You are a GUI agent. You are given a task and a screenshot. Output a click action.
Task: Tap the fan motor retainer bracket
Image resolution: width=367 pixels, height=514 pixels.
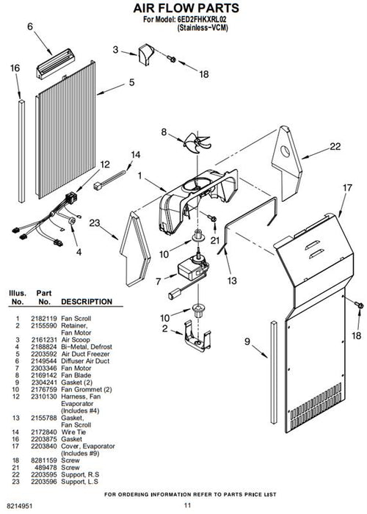(x=197, y=336)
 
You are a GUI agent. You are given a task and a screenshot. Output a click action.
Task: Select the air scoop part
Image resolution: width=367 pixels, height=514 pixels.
(x=146, y=54)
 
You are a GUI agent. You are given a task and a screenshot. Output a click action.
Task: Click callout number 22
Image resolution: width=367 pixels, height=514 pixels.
(x=335, y=147)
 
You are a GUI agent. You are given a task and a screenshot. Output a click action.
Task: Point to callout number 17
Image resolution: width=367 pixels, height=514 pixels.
(x=347, y=188)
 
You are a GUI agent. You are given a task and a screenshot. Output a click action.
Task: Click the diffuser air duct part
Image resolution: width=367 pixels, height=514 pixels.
(x=55, y=64)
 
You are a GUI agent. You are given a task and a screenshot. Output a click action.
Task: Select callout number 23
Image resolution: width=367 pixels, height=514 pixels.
(x=95, y=223)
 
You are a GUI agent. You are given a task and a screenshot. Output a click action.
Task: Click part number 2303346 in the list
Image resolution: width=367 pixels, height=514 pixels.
(x=44, y=368)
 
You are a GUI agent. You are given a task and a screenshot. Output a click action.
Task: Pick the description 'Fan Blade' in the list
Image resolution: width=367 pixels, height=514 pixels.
(x=76, y=375)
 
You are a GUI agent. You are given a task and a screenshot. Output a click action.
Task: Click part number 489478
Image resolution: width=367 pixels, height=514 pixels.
(x=46, y=468)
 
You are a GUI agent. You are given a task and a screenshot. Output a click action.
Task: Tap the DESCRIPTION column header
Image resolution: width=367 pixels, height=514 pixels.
(x=87, y=302)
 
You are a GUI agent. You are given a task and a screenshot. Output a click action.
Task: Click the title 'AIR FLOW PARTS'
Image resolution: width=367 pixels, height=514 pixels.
(x=186, y=8)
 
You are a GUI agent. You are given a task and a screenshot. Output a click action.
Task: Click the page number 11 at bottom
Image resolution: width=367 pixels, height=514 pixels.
(x=187, y=505)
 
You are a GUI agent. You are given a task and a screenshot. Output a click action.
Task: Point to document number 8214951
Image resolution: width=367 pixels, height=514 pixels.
(x=20, y=506)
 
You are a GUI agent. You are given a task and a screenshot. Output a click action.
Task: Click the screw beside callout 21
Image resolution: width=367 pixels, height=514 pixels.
(x=211, y=217)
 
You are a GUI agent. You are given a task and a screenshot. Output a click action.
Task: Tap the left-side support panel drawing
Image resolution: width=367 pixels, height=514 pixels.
(x=135, y=249)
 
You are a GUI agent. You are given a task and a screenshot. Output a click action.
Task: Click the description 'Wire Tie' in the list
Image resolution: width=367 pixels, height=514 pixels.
(x=73, y=432)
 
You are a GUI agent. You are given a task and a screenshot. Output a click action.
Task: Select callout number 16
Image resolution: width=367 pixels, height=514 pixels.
(x=15, y=68)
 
